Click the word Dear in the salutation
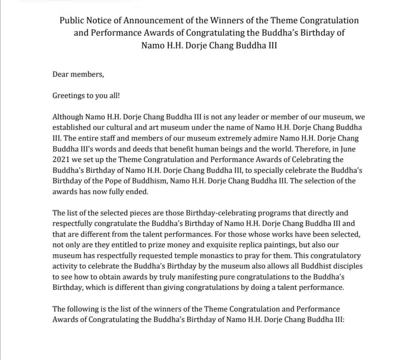point(61,74)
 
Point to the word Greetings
point(68,95)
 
